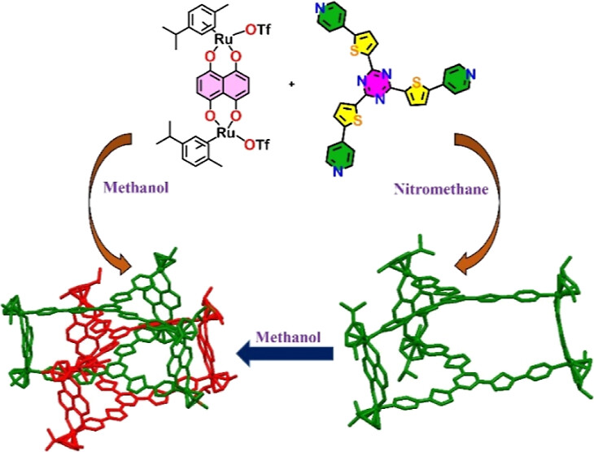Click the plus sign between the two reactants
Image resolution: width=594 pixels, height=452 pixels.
[x=291, y=84]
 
